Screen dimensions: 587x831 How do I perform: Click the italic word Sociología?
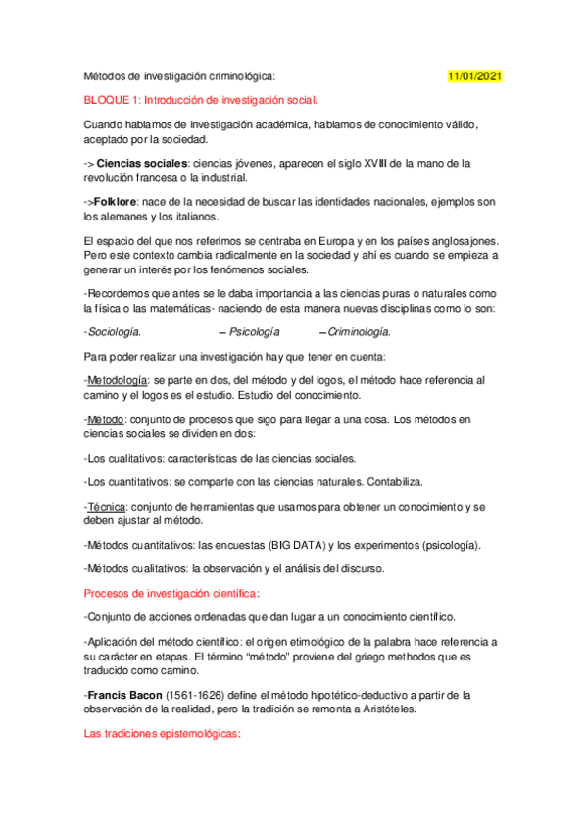113,332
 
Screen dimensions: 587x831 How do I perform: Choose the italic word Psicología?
253,332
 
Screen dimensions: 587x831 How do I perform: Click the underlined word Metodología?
118,380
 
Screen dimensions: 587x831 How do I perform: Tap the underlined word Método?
106,418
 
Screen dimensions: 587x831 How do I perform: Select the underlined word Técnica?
106,507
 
